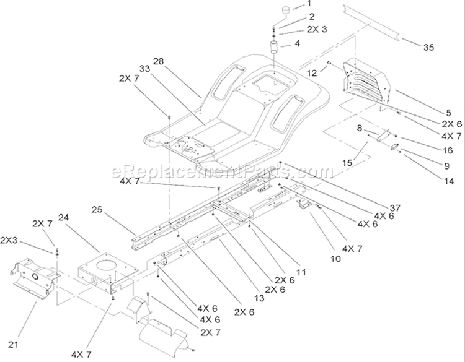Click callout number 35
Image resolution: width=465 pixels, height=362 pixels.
click(x=428, y=47)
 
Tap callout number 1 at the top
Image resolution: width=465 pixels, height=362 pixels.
click(x=309, y=4)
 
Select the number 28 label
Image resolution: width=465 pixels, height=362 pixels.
click(x=158, y=61)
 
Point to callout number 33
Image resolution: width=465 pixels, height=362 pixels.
click(x=144, y=68)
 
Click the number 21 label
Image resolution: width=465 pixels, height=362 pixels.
click(x=13, y=345)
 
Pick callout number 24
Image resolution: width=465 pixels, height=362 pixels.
click(x=63, y=217)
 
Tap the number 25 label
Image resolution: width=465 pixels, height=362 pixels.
click(x=97, y=210)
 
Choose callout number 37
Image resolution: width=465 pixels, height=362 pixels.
click(x=396, y=208)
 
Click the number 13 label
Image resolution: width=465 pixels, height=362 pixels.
click(x=259, y=298)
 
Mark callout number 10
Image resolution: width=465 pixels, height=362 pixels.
click(x=335, y=259)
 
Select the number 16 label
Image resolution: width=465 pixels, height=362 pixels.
click(x=448, y=150)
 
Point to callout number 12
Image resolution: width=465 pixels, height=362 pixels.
click(x=312, y=73)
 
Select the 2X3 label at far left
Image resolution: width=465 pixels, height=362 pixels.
click(x=9, y=240)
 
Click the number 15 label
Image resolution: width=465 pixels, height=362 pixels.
click(x=347, y=163)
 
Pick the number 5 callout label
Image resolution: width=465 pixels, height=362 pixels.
click(x=448, y=113)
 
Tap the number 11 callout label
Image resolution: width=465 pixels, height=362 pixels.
click(x=301, y=272)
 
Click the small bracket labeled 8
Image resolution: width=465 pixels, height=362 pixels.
click(x=383, y=136)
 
